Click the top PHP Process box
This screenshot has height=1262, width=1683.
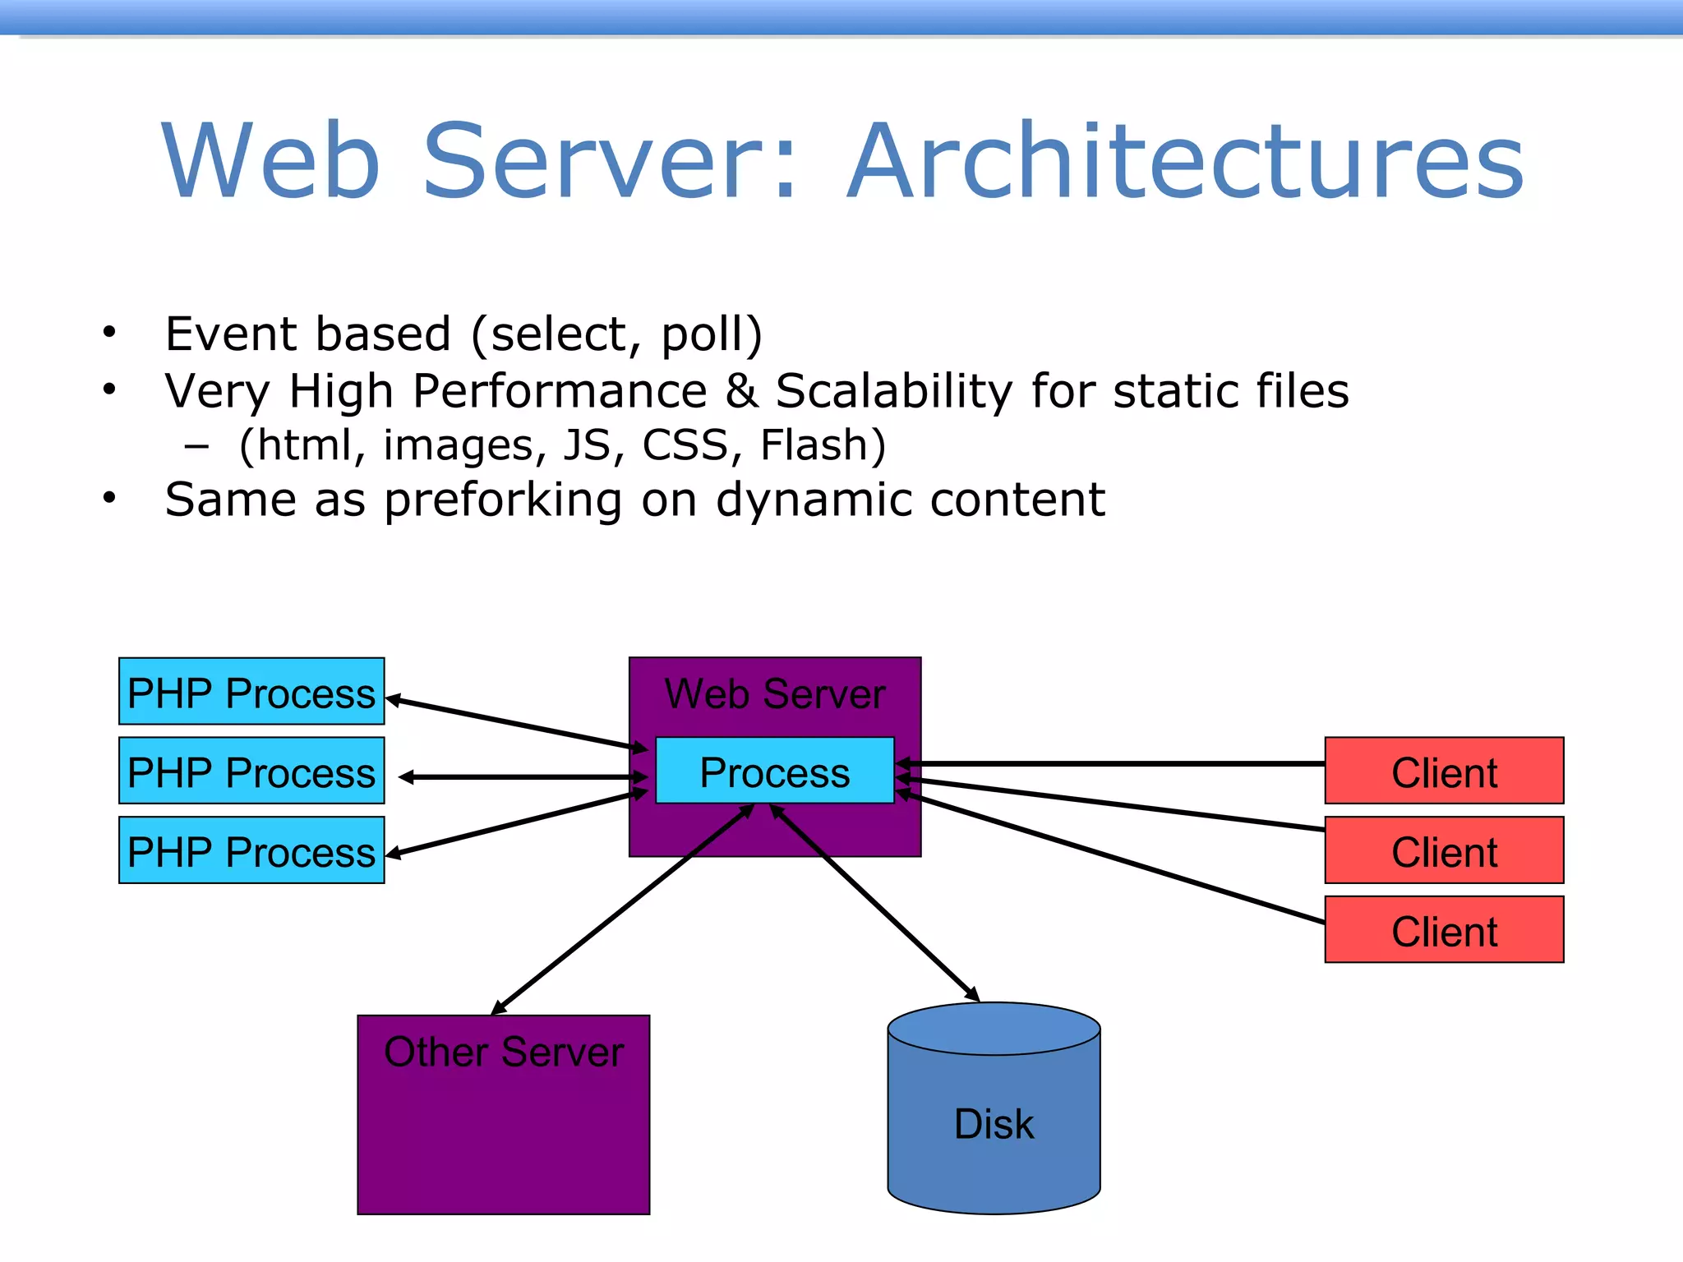251,692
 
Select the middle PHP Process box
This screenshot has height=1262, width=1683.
251,771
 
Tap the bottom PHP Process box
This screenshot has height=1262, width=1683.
251,850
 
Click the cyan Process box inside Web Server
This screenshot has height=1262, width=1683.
774,771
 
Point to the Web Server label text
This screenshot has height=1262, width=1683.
774,694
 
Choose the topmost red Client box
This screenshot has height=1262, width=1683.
1444,771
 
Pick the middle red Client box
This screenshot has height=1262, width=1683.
1444,850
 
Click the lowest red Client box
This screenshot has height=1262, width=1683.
1444,930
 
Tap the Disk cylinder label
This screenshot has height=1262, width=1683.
994,1123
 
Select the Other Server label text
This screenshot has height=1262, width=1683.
504,1052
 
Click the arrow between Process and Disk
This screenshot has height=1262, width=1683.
875,904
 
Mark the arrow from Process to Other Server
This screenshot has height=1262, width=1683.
622,910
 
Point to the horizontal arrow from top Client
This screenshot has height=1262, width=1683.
1109,764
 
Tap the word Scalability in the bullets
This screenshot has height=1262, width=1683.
894,391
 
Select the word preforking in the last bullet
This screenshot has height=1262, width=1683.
503,500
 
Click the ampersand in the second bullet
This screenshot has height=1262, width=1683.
741,391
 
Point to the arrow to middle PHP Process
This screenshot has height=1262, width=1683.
523,776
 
